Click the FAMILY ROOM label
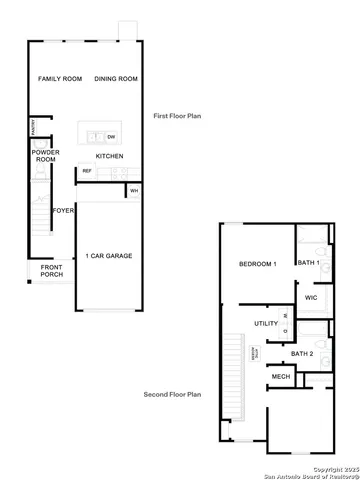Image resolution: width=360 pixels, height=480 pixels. click(x=58, y=78)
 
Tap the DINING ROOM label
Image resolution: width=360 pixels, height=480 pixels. click(x=114, y=78)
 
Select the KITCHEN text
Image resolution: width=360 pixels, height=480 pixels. click(x=109, y=156)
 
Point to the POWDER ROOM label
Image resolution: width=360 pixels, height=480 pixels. click(x=45, y=156)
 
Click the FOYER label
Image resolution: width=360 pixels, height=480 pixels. click(x=63, y=211)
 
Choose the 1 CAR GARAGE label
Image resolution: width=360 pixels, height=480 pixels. click(x=109, y=255)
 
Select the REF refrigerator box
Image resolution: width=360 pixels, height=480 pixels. click(x=87, y=171)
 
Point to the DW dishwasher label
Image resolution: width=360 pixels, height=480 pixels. click(x=111, y=136)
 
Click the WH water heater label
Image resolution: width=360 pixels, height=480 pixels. click(x=133, y=189)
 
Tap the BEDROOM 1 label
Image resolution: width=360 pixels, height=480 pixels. click(x=257, y=264)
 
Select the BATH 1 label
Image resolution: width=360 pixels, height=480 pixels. click(x=308, y=262)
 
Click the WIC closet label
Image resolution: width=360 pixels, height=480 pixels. click(x=310, y=297)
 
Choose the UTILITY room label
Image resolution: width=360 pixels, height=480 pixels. click(x=265, y=323)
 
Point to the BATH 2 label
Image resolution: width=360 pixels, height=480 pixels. click(x=303, y=353)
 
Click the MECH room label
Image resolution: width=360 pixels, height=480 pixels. click(x=281, y=376)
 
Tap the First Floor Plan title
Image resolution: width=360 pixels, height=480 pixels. click(x=177, y=116)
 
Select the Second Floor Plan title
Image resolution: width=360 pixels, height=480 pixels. click(x=172, y=395)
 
